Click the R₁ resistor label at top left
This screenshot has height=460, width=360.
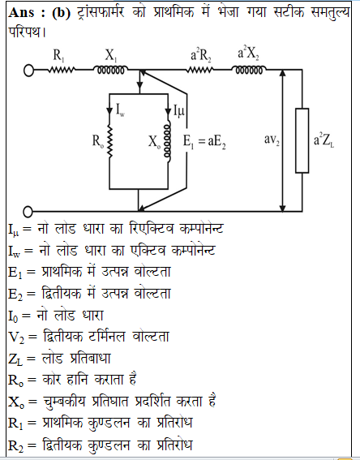tap(58, 55)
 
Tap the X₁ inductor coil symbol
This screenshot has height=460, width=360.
tap(110, 70)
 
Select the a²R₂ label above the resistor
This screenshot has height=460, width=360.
tap(201, 54)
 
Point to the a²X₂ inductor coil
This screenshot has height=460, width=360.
tap(249, 70)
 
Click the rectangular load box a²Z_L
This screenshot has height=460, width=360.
tap(302, 140)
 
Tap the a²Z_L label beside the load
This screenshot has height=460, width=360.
tap(324, 140)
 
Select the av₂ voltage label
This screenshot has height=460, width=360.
tap(272, 140)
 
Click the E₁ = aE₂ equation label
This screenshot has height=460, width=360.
tap(204, 142)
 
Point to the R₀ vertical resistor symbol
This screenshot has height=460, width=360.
tap(109, 141)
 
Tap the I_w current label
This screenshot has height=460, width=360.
tap(120, 110)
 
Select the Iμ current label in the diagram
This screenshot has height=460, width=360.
tap(179, 111)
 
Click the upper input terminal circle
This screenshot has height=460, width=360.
tap(28, 71)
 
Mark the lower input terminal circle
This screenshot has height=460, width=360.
tap(28, 212)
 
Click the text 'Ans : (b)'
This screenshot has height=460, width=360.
tap(39, 13)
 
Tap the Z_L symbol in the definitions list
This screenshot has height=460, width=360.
tap(15, 359)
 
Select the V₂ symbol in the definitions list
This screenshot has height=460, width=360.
tap(16, 337)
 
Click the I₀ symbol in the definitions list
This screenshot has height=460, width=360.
tap(14, 316)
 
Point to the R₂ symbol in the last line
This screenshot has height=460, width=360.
tap(15, 445)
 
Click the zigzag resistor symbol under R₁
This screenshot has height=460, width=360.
tap(62, 70)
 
